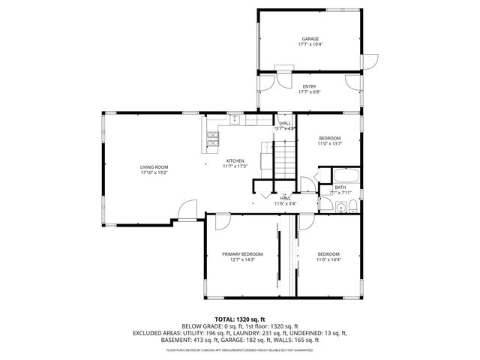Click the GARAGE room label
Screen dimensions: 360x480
[310, 38]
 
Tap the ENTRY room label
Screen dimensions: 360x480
[309, 87]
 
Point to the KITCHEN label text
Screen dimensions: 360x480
[236, 160]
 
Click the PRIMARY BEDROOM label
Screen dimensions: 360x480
[242, 253]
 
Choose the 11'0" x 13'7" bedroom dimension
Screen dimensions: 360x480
[330, 144]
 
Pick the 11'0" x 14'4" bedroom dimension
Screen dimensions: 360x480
[328, 259]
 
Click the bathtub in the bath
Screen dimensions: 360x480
[346, 178]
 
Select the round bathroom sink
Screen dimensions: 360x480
[340, 208]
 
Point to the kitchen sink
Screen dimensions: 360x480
[235, 118]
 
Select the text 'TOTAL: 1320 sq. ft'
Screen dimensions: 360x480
[240, 319]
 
